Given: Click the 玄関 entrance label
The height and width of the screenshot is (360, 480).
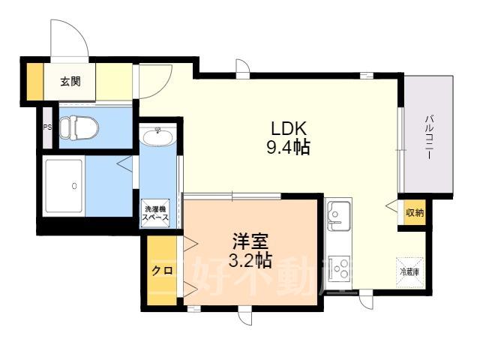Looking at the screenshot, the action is coord(70,82).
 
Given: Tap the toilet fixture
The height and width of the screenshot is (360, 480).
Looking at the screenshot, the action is coord(79,127).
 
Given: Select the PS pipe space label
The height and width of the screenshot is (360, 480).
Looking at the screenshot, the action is coord(47,127).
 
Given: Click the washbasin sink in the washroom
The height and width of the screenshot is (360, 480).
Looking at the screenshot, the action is coord(158,136).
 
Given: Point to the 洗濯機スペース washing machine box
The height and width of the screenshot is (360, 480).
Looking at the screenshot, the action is coord(155,213).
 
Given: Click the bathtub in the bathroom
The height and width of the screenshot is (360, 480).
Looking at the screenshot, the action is coord(64,186).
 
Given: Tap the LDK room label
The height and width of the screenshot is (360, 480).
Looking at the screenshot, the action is coord(289,128).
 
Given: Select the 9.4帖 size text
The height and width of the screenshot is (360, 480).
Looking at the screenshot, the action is coord(288,147).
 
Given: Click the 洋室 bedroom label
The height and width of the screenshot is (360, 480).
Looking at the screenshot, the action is coord(250,241).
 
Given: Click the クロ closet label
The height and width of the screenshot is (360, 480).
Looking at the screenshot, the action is coord(162,271).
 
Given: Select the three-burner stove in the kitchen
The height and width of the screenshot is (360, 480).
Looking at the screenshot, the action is coord(339,268).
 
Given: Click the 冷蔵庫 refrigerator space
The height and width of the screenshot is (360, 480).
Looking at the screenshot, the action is coord(410,271).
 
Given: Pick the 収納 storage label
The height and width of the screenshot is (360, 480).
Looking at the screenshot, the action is coord(415,212).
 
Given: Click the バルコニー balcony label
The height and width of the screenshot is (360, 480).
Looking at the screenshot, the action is coord(430,136).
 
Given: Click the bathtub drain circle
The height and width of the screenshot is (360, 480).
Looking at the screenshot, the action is coord(74,185).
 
